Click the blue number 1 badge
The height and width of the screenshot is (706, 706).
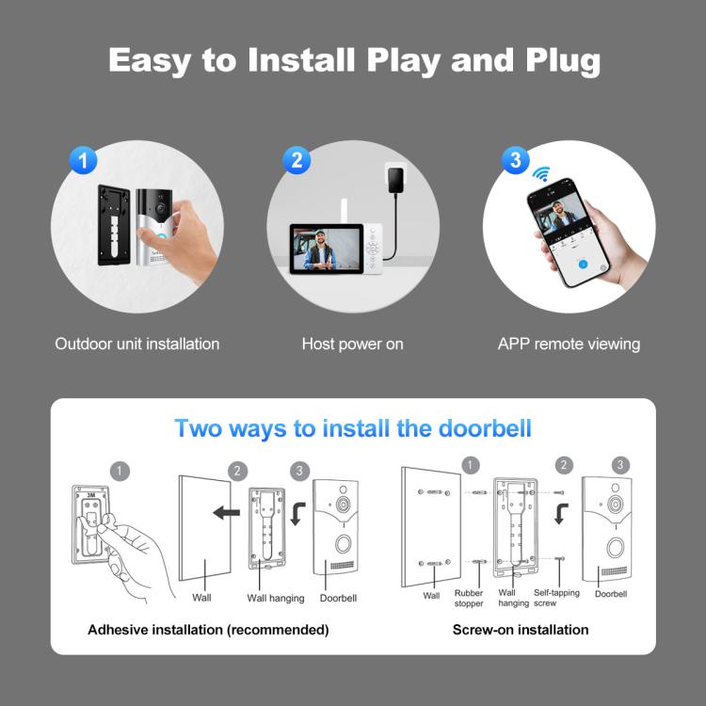pyautogui.click(x=84, y=160)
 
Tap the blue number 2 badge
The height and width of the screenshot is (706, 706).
pyautogui.click(x=297, y=160)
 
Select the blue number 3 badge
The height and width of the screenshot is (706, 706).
pyautogui.click(x=514, y=160)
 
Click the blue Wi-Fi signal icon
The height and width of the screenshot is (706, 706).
pyautogui.click(x=541, y=174)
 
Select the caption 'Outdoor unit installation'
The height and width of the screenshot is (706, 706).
pyautogui.click(x=137, y=344)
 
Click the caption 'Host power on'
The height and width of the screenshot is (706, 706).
pyautogui.click(x=352, y=344)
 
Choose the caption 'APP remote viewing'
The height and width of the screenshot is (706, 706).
pyautogui.click(x=569, y=344)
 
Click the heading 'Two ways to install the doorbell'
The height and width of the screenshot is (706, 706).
pyautogui.click(x=353, y=428)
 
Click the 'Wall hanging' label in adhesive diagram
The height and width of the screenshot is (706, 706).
pyautogui.click(x=275, y=598)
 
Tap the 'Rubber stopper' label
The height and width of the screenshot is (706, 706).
pyautogui.click(x=469, y=597)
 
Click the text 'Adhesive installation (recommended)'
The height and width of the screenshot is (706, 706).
pyautogui.click(x=208, y=629)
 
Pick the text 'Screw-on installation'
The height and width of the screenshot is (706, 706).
pyautogui.click(x=521, y=629)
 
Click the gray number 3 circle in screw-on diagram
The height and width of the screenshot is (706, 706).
pyautogui.click(x=620, y=465)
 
